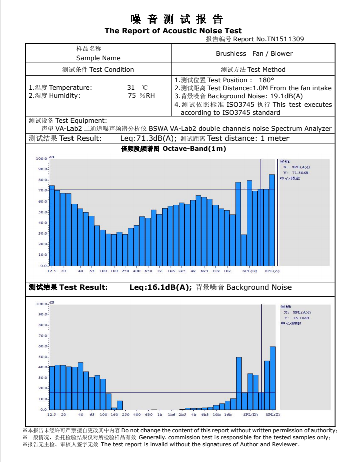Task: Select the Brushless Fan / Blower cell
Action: pos(254,53)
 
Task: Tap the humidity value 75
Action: pos(132,95)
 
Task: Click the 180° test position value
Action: pos(266,80)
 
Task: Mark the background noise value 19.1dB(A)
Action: pos(286,96)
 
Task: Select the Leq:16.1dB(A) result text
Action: pos(161,287)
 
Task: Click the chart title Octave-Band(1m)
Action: pos(194,149)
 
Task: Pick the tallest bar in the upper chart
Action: pos(272,220)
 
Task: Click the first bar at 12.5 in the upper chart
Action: pos(52,225)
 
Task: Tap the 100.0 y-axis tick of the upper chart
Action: pos(41,159)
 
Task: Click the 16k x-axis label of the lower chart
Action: pos(227,414)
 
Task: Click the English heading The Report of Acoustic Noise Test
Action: pos(173,31)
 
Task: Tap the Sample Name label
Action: pos(98,58)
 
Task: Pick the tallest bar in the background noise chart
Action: pos(273,378)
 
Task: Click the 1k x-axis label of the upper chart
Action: pos(159,271)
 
